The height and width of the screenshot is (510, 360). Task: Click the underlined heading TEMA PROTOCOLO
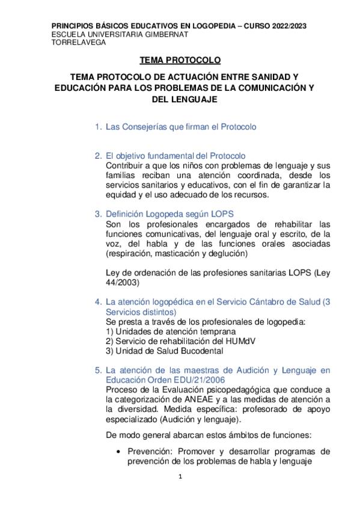pyautogui.click(x=180, y=61)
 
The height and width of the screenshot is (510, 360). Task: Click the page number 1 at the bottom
pyautogui.click(x=180, y=477)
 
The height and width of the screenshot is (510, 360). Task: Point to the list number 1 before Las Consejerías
pyautogui.click(x=97, y=127)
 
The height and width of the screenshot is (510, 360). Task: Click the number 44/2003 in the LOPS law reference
pyautogui.click(x=122, y=282)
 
